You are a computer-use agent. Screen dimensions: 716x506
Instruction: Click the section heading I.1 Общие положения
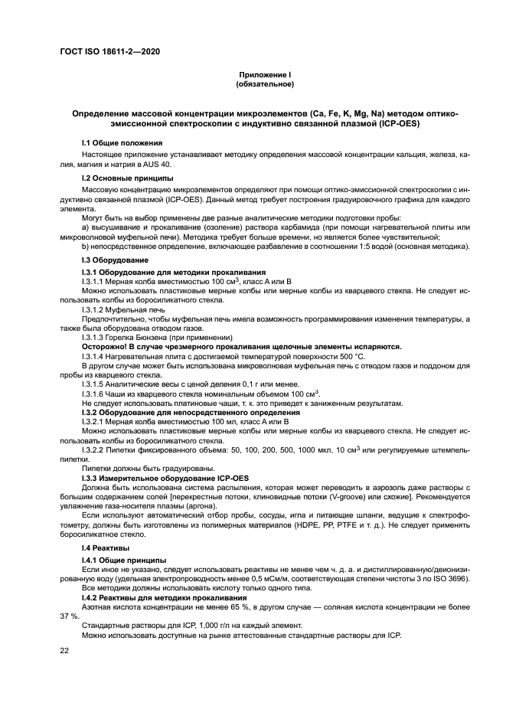(x=122, y=143)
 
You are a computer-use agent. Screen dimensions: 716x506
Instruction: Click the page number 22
(x=65, y=652)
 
